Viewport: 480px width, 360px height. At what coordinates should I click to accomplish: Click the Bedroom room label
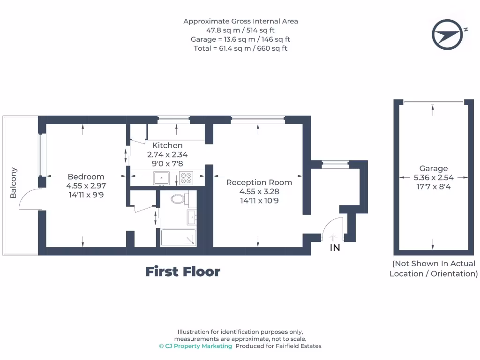86,177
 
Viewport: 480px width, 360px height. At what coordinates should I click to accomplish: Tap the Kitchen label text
167,145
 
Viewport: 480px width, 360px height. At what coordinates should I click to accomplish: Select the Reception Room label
259,182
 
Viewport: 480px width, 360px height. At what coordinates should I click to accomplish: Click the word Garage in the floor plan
434,168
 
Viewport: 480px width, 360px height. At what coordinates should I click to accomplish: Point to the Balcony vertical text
14,183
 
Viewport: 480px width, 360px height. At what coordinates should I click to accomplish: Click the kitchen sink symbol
162,177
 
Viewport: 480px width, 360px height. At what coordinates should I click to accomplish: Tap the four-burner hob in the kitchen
186,178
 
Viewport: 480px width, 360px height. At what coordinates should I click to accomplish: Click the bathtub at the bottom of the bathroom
179,238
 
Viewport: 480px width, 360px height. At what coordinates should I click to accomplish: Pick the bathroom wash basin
192,217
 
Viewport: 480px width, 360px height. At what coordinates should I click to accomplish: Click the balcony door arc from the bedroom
30,199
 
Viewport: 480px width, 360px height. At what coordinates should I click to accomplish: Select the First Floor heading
182,271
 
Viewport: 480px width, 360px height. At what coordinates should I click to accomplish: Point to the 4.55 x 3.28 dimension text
259,191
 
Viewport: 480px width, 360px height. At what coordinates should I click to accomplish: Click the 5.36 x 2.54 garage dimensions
434,178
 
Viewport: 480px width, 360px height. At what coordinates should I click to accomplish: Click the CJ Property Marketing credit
195,346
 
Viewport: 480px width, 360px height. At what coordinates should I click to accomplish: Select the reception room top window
257,120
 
